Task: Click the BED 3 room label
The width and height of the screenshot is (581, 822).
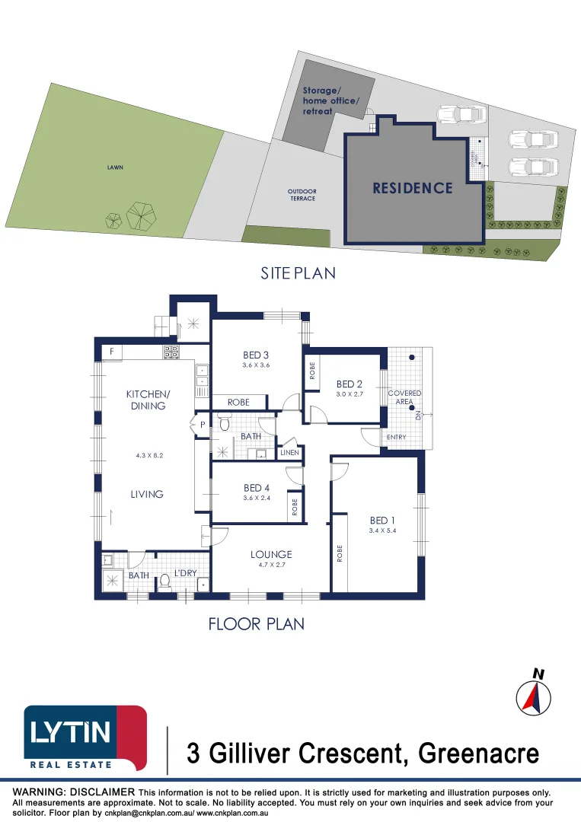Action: [257, 355]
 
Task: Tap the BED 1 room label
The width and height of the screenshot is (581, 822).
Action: [381, 521]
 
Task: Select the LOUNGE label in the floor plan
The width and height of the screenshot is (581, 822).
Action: [271, 554]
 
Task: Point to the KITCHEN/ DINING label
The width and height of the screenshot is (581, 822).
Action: [147, 400]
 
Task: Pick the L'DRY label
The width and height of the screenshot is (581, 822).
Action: [186, 572]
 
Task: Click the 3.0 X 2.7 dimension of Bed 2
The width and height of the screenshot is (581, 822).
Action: [352, 394]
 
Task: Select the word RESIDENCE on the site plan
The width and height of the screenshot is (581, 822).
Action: [413, 188]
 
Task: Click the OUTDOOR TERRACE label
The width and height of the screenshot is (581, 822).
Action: [302, 195]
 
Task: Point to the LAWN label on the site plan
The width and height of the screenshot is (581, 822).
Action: [115, 167]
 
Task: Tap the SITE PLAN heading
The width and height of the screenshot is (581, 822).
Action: [298, 272]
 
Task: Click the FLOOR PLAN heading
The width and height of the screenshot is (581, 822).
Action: [257, 624]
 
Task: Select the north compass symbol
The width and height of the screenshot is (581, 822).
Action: [533, 696]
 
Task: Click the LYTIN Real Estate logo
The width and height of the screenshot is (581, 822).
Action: [85, 737]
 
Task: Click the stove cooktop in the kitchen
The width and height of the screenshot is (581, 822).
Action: [171, 352]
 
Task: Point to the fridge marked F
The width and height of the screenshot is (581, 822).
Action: [112, 352]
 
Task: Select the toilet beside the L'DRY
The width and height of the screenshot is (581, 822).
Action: [164, 582]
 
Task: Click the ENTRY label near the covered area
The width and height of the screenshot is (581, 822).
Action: [397, 437]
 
